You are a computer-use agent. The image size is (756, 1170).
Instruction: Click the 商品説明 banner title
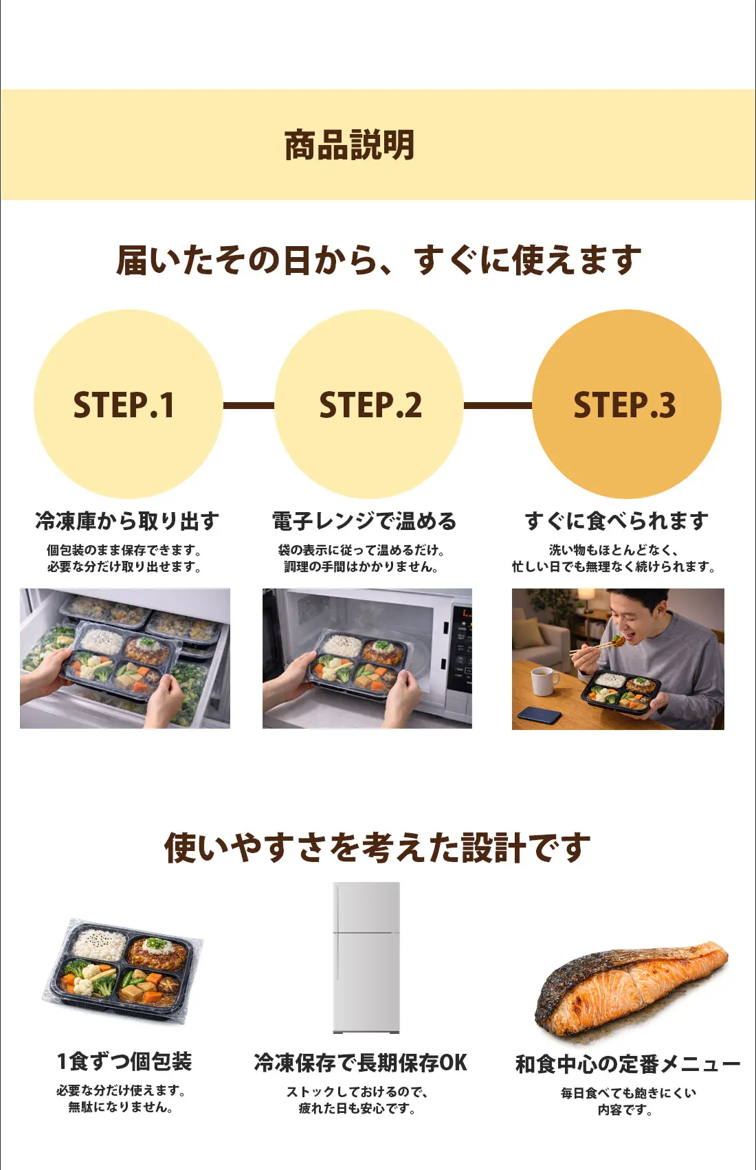click(x=350, y=145)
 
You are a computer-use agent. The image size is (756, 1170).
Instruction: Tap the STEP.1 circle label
click(x=124, y=405)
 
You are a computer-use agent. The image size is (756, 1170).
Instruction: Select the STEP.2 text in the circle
click(x=370, y=405)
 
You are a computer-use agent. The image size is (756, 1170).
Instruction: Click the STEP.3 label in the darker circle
click(x=625, y=405)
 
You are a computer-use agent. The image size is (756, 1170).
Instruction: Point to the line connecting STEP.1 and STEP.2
click(x=248, y=406)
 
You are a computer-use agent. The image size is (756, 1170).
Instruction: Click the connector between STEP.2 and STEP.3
click(x=498, y=406)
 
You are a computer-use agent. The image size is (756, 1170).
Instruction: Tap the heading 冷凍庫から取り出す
click(x=127, y=521)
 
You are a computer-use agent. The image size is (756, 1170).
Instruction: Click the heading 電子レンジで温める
click(x=364, y=521)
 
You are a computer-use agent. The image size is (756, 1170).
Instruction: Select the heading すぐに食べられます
click(x=616, y=521)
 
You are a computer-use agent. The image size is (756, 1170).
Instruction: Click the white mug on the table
click(x=544, y=681)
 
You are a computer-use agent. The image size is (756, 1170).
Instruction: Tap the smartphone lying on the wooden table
click(x=540, y=716)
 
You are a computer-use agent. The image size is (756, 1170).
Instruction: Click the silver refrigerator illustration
click(x=366, y=958)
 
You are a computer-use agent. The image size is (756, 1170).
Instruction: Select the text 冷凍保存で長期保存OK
click(x=360, y=1063)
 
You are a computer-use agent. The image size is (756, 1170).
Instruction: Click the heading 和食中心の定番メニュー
click(x=627, y=1064)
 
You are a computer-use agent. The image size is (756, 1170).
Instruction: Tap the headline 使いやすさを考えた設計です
click(x=377, y=847)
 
